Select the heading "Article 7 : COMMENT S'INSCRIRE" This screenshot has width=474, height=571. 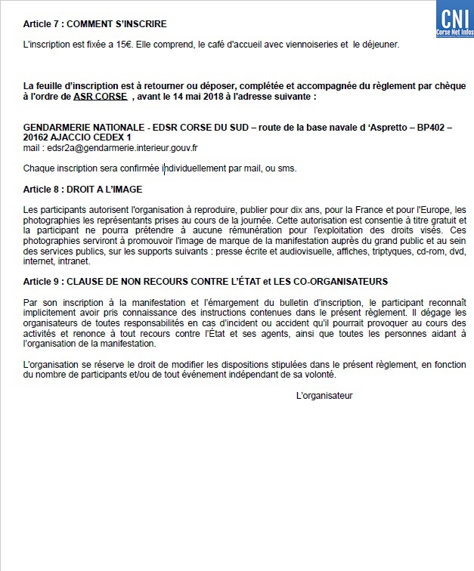[95, 25]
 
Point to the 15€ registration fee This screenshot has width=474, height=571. [112, 45]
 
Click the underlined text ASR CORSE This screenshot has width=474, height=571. [101, 97]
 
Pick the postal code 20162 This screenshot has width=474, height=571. [37, 137]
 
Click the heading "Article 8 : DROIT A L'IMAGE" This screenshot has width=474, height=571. [83, 189]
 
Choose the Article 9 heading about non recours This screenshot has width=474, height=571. [206, 281]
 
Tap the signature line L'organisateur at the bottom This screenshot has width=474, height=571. [324, 395]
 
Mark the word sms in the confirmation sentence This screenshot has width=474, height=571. [288, 168]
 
